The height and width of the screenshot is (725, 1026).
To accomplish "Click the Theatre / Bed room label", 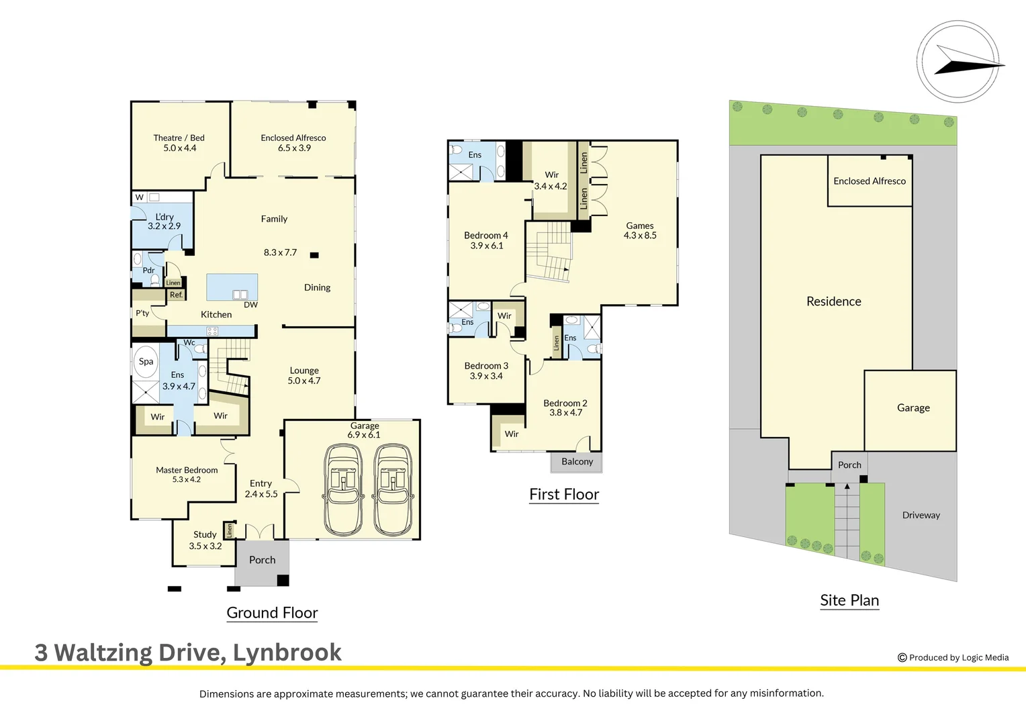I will coord(179,138).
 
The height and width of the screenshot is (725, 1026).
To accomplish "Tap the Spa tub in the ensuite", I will coord(146,362).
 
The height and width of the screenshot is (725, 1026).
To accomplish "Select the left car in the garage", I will coord(343,489).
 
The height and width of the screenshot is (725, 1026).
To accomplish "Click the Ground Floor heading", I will coord(272,613).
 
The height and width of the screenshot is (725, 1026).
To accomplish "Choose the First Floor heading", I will coord(564,495).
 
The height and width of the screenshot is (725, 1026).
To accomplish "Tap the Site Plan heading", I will coord(849,601).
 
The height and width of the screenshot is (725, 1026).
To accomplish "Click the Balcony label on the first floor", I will coord(577,462).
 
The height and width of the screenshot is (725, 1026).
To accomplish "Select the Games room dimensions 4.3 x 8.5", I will coord(640,236).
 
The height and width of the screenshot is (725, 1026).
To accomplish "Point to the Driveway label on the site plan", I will coord(921,516).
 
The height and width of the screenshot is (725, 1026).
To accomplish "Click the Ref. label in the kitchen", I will coord(176,295).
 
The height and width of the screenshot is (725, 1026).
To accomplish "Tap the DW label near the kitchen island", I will coord(250,305).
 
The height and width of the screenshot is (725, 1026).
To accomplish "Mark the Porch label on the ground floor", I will coord(262,560).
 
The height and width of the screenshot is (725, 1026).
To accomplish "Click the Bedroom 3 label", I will coord(486,366).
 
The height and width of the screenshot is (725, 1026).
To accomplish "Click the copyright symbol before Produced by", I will coord(902,658).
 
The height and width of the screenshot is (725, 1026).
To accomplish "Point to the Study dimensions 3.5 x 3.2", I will coord(205,546).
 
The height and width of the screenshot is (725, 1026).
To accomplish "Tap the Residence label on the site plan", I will coord(833,302).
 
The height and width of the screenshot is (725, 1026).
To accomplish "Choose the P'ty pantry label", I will coord(142,313).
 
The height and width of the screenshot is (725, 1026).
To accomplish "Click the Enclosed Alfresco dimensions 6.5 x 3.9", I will coord(294,148).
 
